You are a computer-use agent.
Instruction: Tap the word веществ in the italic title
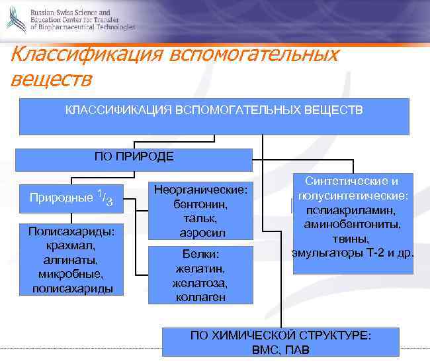51,79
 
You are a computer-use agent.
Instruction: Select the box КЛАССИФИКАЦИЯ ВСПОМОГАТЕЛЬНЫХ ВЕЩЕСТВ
214,116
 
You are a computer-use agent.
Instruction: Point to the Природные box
71,198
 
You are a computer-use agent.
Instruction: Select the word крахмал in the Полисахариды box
71,245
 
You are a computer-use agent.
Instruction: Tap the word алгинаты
71,259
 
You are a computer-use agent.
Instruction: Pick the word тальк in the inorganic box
200,219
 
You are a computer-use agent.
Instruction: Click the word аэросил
200,233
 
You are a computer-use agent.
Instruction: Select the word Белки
200,255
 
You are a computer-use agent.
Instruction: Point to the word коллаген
200,297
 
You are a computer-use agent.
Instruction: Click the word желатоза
200,283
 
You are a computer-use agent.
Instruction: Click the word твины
353,239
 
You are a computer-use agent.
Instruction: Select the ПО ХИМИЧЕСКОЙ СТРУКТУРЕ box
281,342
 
